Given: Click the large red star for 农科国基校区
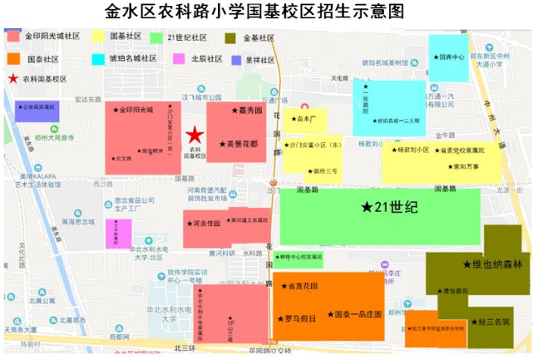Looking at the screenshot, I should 194,135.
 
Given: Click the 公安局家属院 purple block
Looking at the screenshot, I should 36,109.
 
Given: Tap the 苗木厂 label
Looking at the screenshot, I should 305,119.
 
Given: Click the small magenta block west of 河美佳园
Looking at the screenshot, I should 118,232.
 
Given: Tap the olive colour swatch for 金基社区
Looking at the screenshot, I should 229,37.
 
